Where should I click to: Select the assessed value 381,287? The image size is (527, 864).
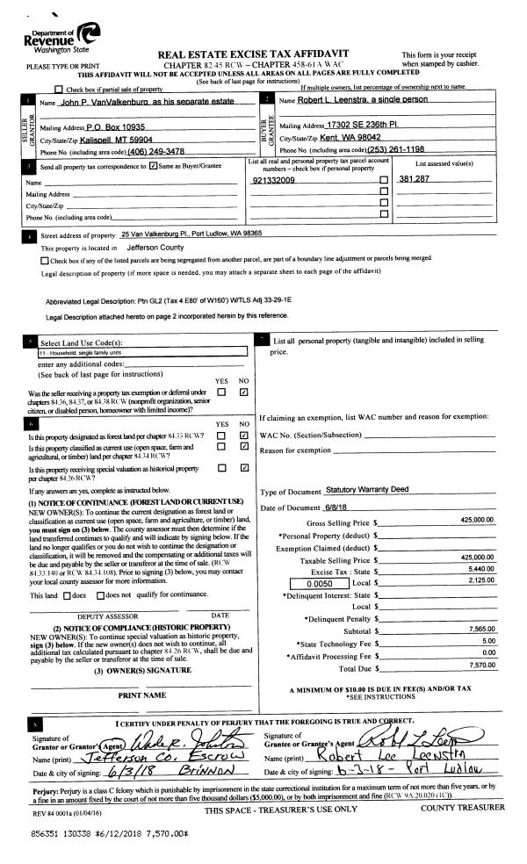[x=415, y=179]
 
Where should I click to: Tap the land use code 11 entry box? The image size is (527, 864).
[x=132, y=351]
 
